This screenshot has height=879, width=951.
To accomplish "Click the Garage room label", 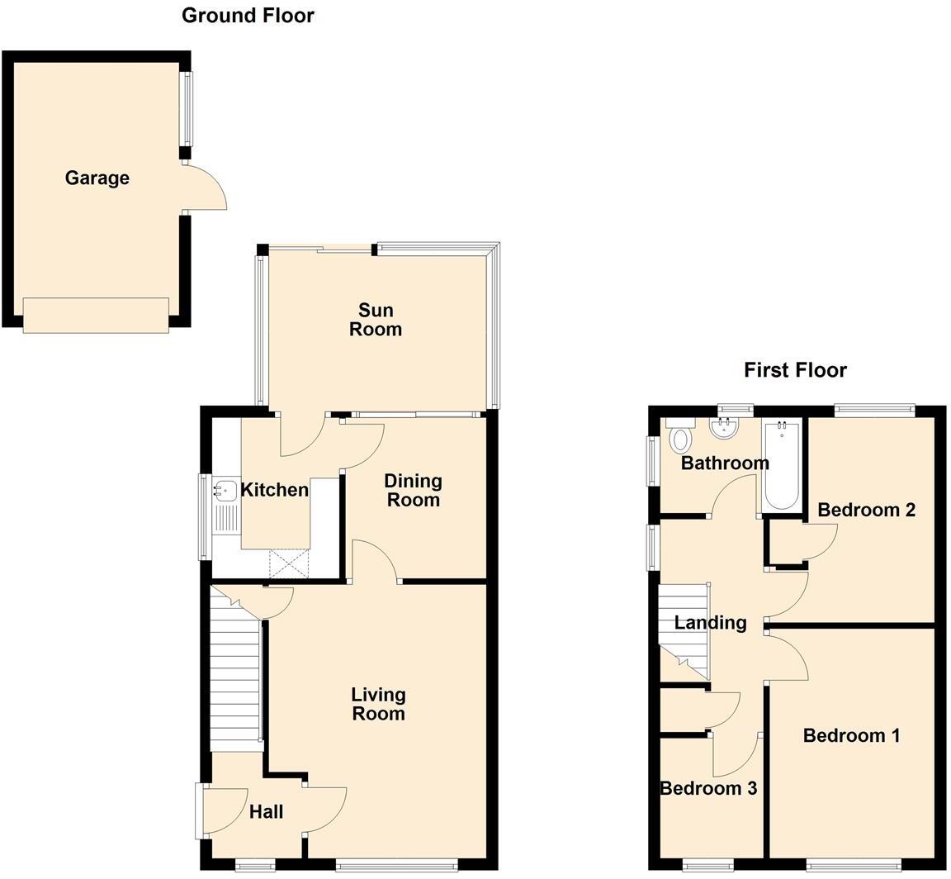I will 97,178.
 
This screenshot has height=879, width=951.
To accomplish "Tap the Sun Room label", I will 376,320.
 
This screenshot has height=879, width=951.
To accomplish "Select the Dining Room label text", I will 414,490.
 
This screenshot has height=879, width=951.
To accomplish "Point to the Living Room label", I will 378,704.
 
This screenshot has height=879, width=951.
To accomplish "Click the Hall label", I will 266,812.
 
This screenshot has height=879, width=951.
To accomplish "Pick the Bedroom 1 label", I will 851,735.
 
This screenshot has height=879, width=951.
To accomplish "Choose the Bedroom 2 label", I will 866,510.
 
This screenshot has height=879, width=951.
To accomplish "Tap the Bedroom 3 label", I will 708,788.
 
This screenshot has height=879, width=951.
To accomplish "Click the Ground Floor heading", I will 248,15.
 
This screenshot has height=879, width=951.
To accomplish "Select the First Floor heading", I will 795,370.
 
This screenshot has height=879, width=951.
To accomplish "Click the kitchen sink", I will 225,491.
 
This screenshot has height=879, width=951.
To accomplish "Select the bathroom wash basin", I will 724,427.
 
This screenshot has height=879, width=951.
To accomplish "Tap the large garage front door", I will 96,316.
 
